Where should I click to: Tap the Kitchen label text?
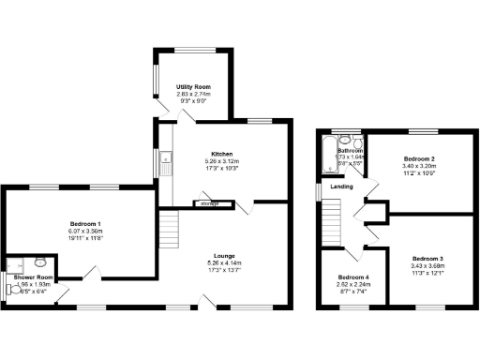pyautogui.click(x=221, y=154)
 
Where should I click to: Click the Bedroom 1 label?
pyautogui.click(x=86, y=224)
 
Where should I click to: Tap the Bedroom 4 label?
pyautogui.click(x=353, y=278)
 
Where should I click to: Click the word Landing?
pyautogui.click(x=342, y=187)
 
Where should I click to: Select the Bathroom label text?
pyautogui.click(x=351, y=151)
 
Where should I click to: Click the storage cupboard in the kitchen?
pyautogui.click(x=206, y=202)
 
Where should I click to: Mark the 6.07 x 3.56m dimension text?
pyautogui.click(x=86, y=231)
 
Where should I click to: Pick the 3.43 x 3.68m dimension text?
pyautogui.click(x=427, y=264)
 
